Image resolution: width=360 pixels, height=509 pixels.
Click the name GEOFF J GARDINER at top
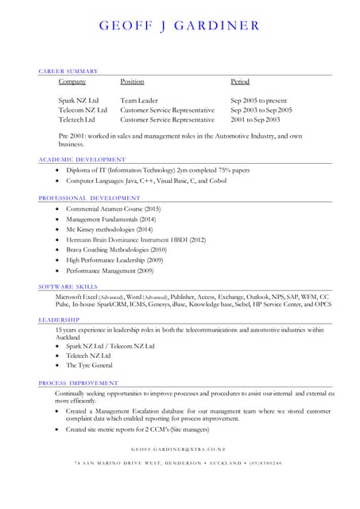179,25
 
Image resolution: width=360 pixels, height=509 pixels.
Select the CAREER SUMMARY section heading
68,72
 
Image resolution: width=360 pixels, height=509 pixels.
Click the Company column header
72,82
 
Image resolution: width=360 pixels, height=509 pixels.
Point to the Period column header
240,82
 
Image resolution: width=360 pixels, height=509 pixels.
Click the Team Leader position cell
139,101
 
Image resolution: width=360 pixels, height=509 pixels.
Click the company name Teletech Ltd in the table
76,120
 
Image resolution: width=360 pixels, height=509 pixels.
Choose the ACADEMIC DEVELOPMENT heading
82,160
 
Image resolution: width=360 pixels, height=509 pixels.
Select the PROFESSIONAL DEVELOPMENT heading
89,197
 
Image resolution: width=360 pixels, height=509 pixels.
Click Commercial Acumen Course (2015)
113,208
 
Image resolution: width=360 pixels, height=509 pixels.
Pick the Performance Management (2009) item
110,270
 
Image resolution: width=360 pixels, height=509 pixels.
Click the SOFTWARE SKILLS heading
68,286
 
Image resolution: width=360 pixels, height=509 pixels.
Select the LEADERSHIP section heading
59,320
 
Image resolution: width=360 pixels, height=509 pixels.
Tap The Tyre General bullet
89,366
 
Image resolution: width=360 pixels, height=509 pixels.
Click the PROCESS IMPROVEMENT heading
78,383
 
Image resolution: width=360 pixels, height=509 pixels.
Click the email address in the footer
179,450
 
